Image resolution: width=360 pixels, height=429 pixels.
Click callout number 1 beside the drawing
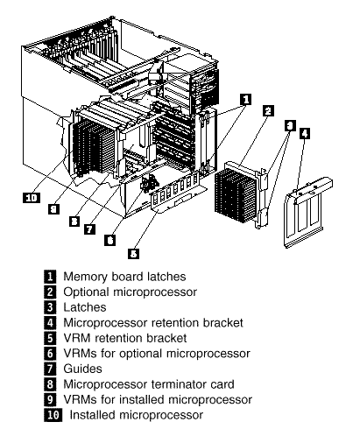(245, 100)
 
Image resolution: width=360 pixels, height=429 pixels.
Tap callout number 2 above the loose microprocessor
(268, 110)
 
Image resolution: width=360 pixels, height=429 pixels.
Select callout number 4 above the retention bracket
(305, 133)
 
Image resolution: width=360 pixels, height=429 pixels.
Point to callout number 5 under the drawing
(133, 253)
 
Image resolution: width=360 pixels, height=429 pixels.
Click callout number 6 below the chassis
(109, 240)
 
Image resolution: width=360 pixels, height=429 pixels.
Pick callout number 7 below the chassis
(89, 229)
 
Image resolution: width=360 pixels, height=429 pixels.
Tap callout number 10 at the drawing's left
(32, 198)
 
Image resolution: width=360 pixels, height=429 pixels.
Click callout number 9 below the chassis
(53, 209)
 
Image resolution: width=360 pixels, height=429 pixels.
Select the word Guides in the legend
(82, 369)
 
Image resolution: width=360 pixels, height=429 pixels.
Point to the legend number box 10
(53, 415)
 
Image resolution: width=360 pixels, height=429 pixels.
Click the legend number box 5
(50, 338)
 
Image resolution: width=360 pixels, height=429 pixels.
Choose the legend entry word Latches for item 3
(85, 307)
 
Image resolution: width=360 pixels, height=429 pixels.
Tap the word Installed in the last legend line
(93, 415)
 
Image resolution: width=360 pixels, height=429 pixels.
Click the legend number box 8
(50, 384)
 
